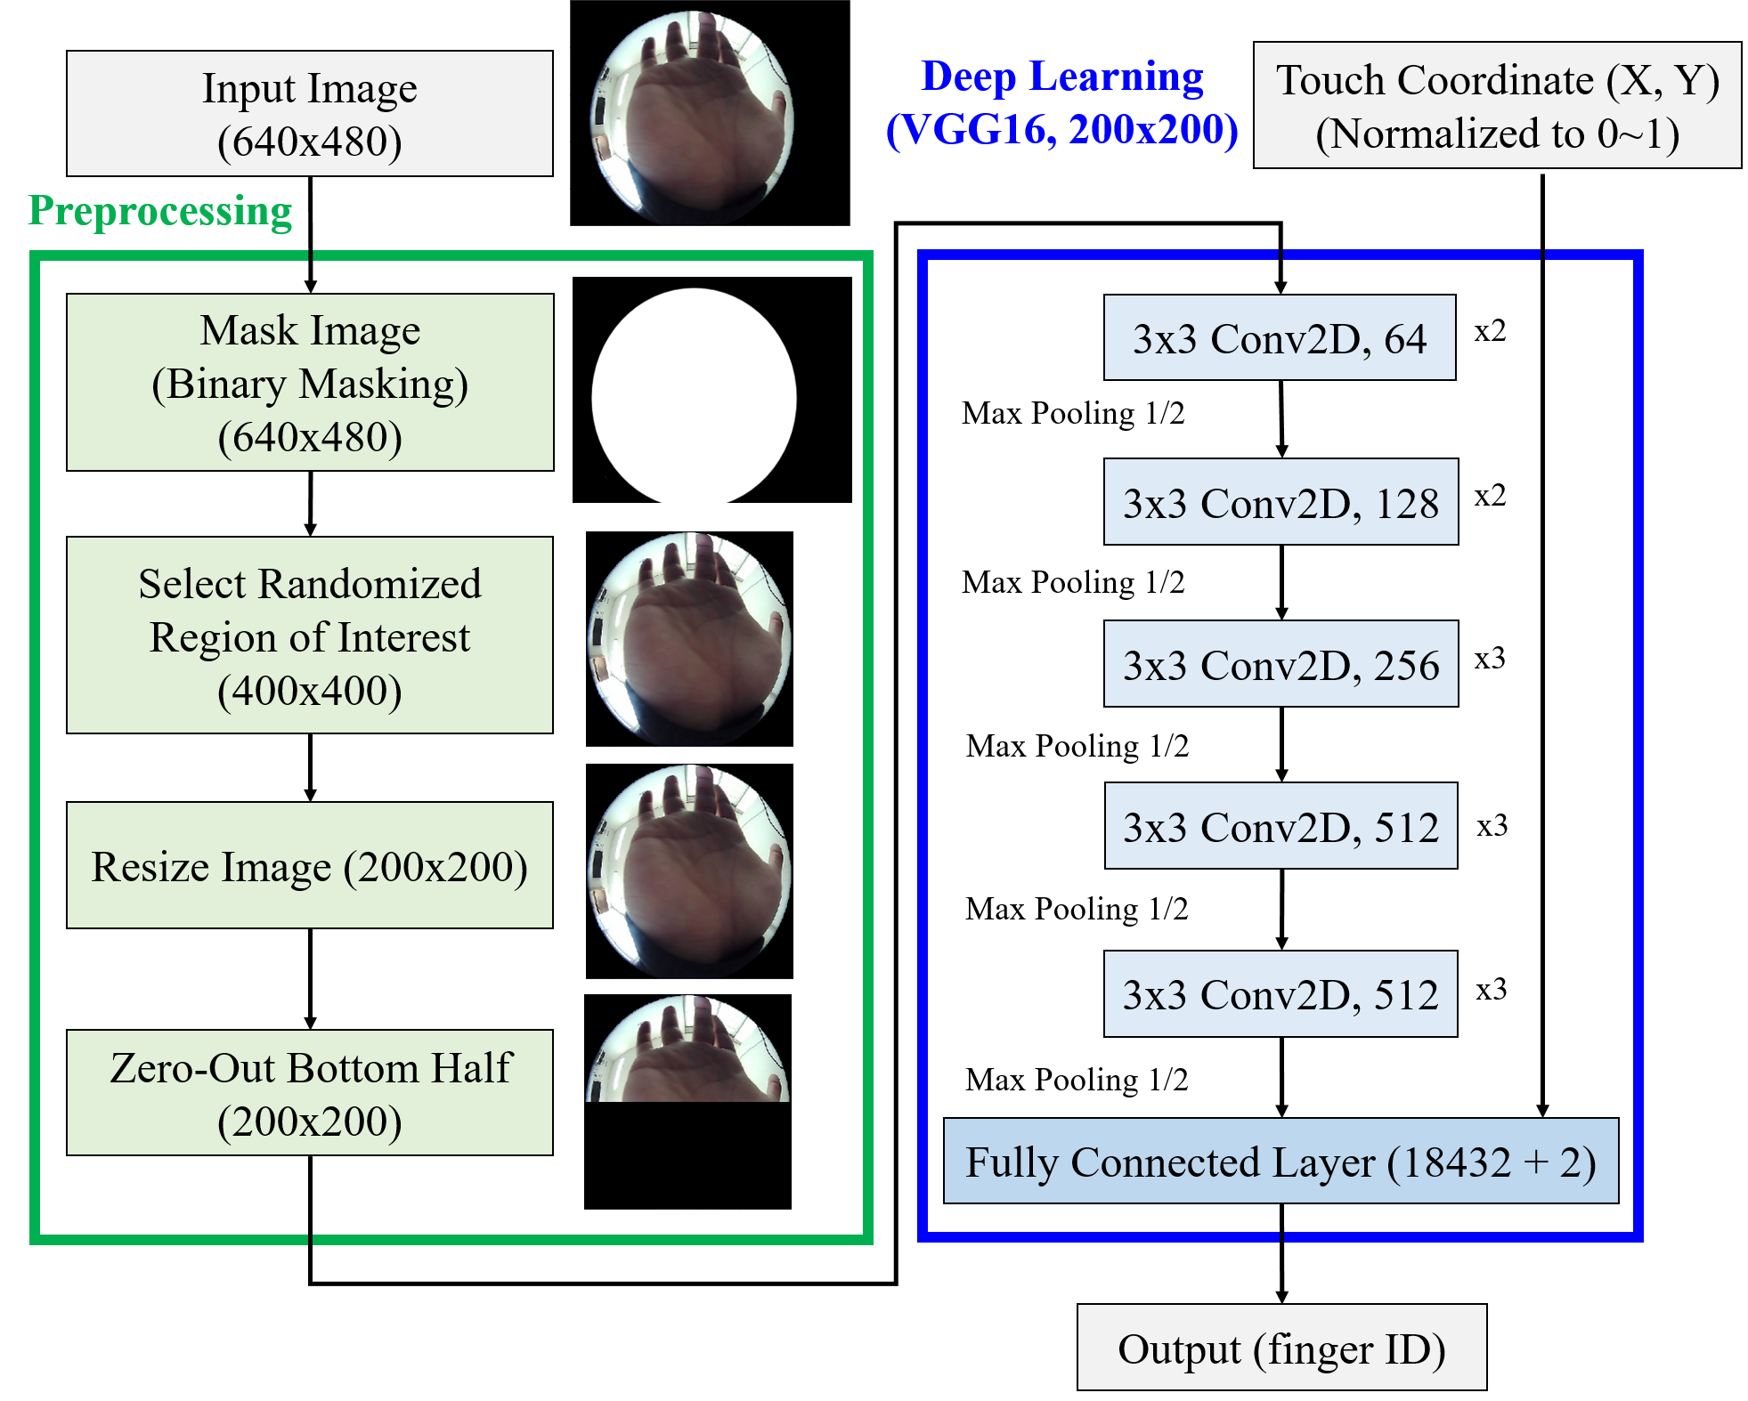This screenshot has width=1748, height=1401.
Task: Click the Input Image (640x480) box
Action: [x=309, y=113]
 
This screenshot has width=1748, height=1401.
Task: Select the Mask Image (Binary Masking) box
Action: [x=309, y=382]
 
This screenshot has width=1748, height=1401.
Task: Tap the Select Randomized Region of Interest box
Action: [x=309, y=635]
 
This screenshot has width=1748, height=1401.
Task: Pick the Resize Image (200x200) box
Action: [x=309, y=865]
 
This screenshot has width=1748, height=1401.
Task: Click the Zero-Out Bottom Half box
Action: [x=309, y=1092]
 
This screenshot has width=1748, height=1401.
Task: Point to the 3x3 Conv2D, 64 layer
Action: [x=1279, y=337]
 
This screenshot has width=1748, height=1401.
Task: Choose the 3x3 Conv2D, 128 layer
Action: [x=1281, y=502]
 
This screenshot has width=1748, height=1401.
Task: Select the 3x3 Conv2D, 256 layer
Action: [x=1281, y=664]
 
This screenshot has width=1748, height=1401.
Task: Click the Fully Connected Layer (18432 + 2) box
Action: [x=1281, y=1161]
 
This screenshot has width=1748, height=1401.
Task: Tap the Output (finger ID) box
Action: [x=1281, y=1348]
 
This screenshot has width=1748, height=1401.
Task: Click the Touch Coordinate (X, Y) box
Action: [x=1497, y=105]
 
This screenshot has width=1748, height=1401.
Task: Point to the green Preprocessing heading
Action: [x=160, y=211]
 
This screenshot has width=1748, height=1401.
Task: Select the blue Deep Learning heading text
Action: [x=1062, y=77]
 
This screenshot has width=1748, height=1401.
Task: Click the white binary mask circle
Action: [x=694, y=396]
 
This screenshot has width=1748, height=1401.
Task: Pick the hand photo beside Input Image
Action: [x=693, y=116]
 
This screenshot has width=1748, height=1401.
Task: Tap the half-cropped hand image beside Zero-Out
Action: [x=687, y=1050]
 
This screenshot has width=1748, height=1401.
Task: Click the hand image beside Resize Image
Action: [x=689, y=871]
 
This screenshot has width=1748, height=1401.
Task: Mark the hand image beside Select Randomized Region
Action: [x=689, y=639]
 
